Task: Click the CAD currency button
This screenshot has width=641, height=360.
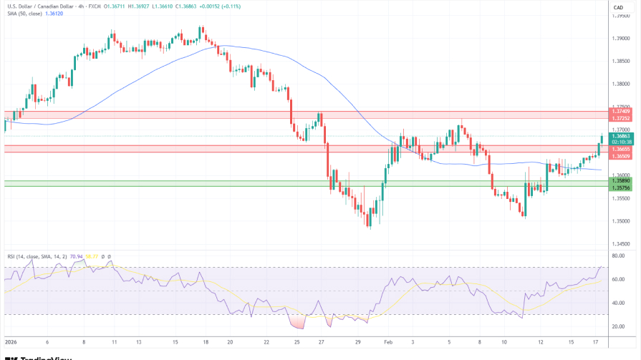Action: (618, 7)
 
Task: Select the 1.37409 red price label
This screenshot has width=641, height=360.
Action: (620, 111)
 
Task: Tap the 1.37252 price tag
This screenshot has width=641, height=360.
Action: (620, 117)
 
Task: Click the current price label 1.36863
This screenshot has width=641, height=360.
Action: (620, 135)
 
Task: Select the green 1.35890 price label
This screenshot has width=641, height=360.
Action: (620, 181)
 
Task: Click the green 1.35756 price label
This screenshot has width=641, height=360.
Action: (620, 188)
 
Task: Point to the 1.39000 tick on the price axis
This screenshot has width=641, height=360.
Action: (620, 38)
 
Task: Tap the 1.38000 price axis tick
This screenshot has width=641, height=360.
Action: (620, 84)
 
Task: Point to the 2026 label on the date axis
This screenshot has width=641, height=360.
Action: (11, 342)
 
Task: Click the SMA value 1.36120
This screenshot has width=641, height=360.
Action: (53, 14)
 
